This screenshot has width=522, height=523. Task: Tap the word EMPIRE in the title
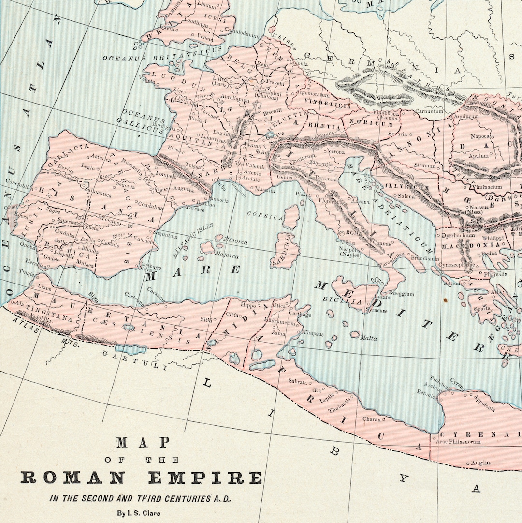tap(205, 478)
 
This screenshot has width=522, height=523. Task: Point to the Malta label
tap(368, 338)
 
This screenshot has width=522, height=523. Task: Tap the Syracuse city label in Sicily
tap(377, 310)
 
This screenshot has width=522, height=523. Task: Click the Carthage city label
tap(300, 314)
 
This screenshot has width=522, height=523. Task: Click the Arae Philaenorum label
tap(459, 442)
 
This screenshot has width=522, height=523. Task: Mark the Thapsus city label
tap(314, 333)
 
